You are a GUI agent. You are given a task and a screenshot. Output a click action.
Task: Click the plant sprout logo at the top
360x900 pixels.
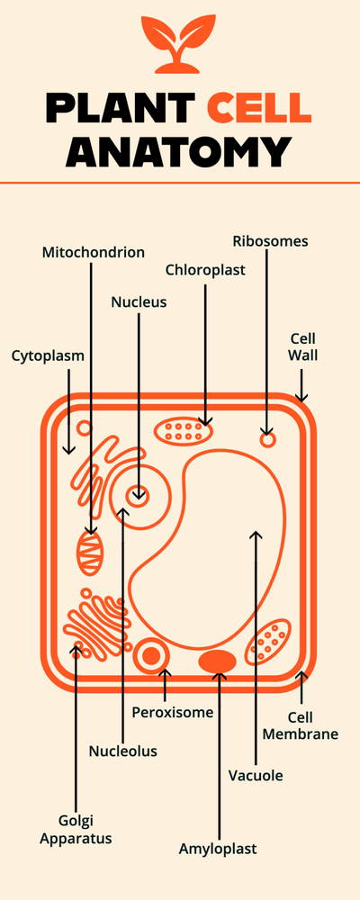click(179, 45)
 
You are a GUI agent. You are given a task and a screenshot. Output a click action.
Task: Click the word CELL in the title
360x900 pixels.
click(259, 108)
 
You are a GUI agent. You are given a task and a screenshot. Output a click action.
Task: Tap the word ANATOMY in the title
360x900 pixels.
click(180, 150)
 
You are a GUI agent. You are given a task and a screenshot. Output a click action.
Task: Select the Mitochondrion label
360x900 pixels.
click(94, 252)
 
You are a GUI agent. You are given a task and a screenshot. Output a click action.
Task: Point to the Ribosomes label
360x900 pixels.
click(270, 241)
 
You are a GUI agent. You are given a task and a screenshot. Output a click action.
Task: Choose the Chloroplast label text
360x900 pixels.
click(205, 269)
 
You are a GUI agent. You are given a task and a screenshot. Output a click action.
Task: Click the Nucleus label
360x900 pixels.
click(139, 302)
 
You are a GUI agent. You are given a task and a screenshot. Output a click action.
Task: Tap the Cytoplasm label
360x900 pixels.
click(48, 355)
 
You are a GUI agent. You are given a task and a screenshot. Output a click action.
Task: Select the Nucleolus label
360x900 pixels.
click(123, 751)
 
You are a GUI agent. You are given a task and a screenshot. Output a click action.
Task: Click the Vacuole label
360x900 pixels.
click(256, 775)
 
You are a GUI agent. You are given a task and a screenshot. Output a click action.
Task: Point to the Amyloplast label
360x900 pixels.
click(218, 849)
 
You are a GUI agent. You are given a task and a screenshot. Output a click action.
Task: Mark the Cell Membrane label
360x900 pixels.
click(312, 725)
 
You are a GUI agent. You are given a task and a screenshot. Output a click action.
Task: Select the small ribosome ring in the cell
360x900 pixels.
click(267, 440)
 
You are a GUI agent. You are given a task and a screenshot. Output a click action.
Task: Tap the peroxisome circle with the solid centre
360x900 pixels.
click(151, 656)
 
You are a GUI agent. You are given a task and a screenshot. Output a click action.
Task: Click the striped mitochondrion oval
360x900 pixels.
click(90, 553)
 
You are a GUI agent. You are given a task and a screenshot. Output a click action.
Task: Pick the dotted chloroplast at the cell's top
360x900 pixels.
click(184, 431)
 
